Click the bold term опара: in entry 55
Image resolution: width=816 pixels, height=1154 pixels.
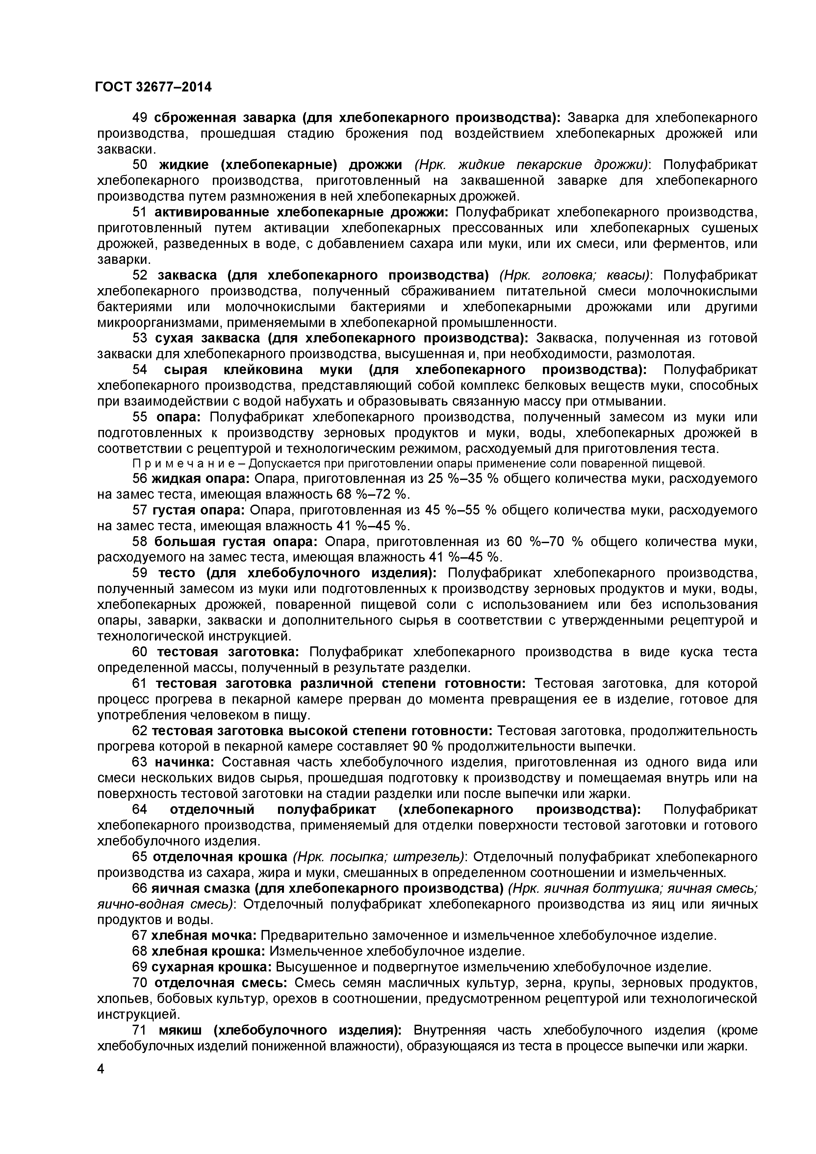(178, 417)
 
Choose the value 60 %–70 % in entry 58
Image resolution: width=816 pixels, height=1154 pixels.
(544, 542)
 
